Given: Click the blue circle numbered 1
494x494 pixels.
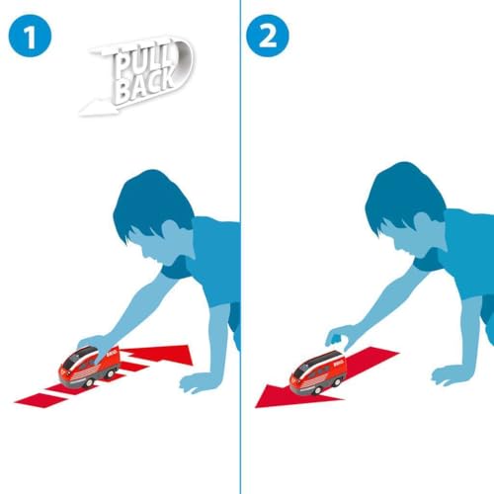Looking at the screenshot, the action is tap(30, 36).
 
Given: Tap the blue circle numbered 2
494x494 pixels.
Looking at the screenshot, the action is tap(268, 36).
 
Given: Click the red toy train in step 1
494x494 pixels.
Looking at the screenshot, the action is tap(89, 367).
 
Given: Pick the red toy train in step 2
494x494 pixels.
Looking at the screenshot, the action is tap(318, 372).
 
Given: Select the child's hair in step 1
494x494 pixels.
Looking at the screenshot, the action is tap(150, 205).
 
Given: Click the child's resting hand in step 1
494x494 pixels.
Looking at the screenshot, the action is tap(198, 382).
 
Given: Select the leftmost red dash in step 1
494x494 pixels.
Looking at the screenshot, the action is tap(41, 400).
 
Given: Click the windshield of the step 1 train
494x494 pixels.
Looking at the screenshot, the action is tap(71, 362).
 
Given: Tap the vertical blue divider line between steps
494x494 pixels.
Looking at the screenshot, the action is tap(240, 247).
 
